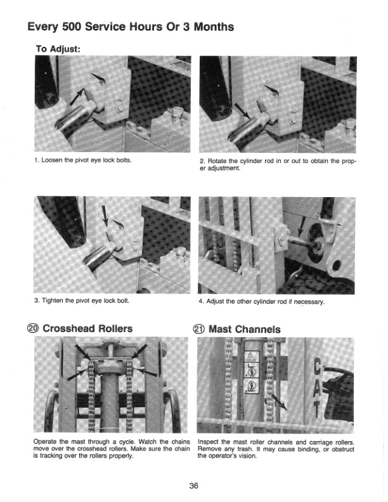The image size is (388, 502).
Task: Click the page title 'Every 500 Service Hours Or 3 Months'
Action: click(131, 27)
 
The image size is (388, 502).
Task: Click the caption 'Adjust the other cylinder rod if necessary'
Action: click(262, 301)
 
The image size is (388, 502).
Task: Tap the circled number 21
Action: click(198, 329)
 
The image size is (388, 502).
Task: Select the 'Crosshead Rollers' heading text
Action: click(89, 328)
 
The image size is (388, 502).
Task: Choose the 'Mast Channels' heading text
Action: click(244, 329)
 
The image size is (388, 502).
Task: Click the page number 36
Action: click(194, 486)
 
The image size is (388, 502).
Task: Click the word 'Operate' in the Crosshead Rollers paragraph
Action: click(45, 442)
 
